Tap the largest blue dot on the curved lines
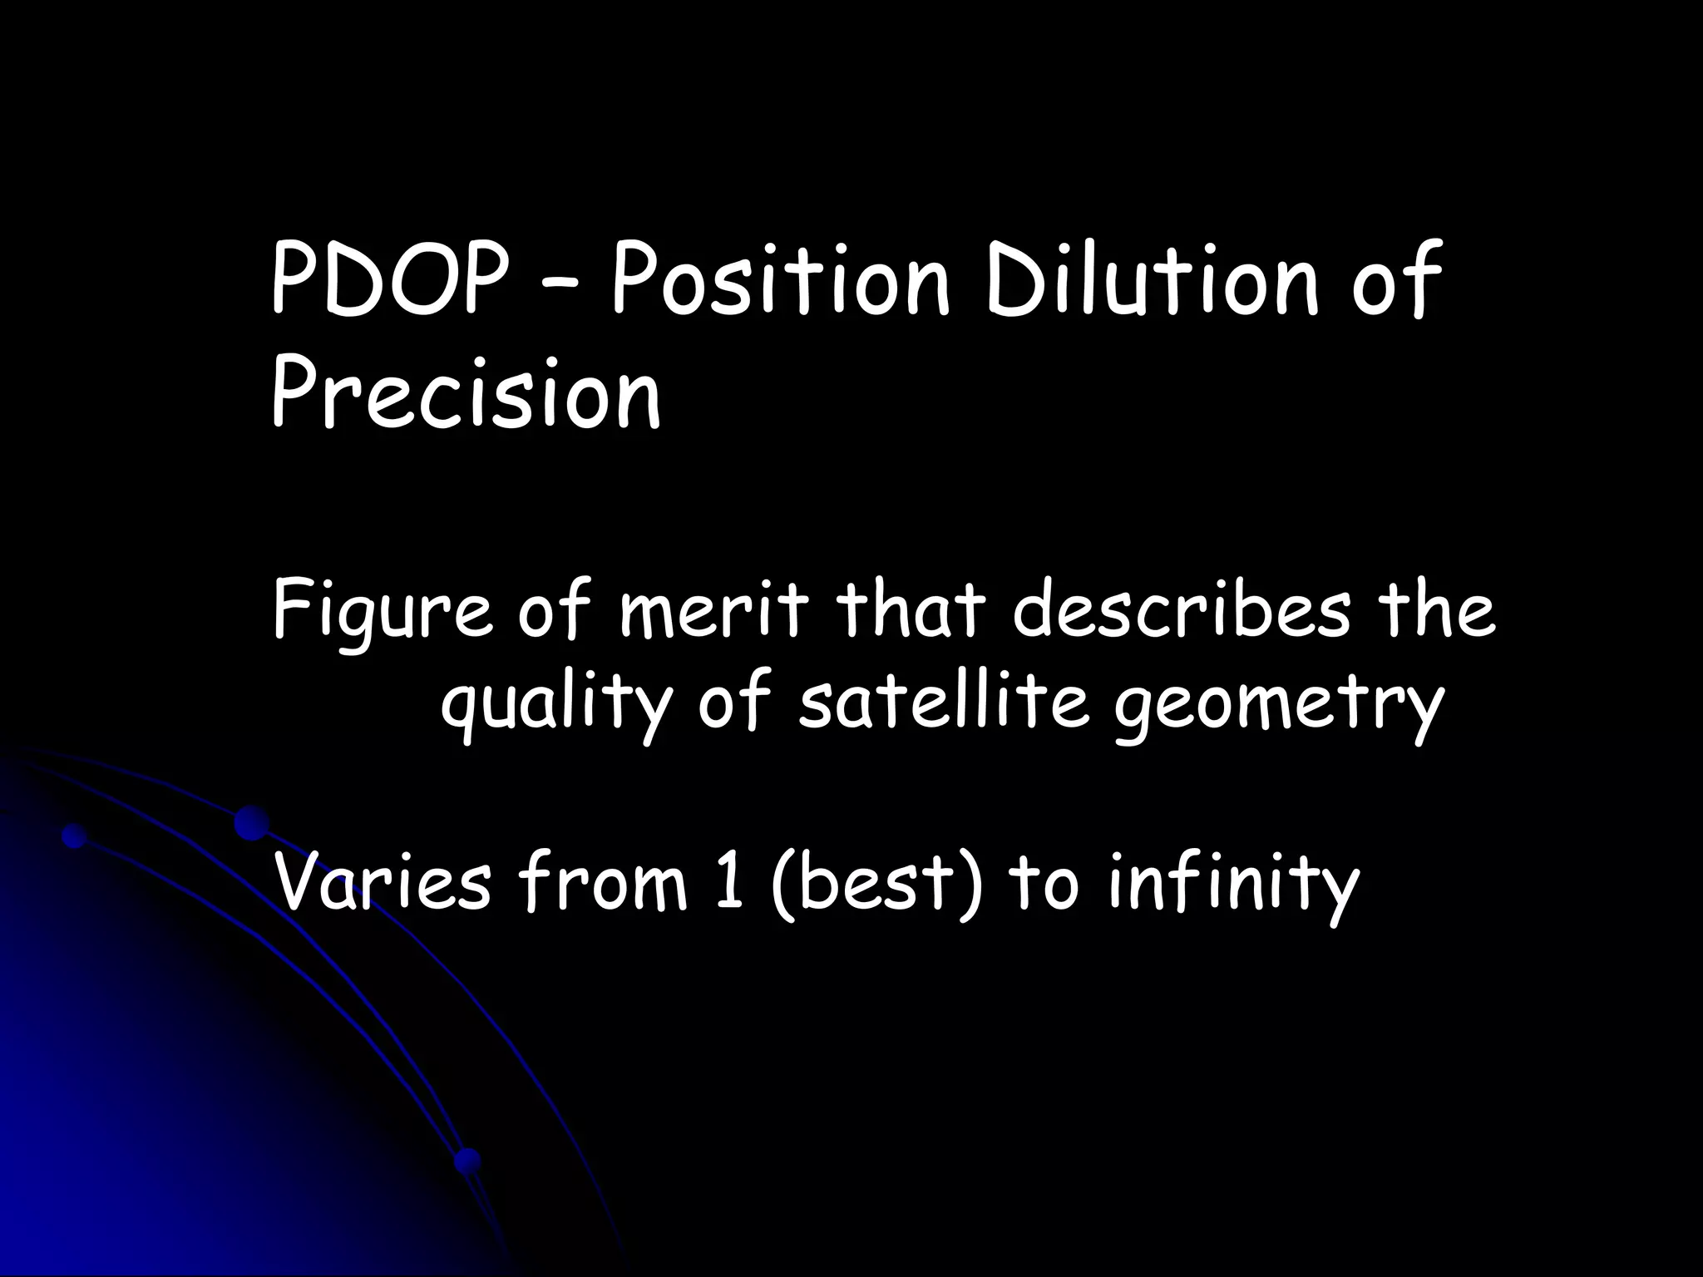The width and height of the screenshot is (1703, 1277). point(251,822)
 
